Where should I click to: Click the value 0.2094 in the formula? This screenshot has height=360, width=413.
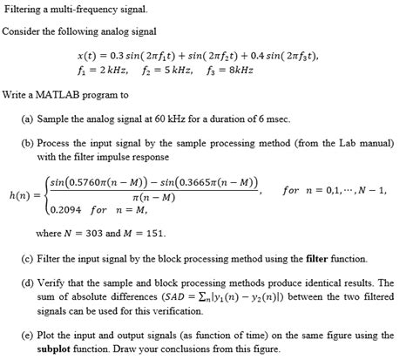pos(71,209)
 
